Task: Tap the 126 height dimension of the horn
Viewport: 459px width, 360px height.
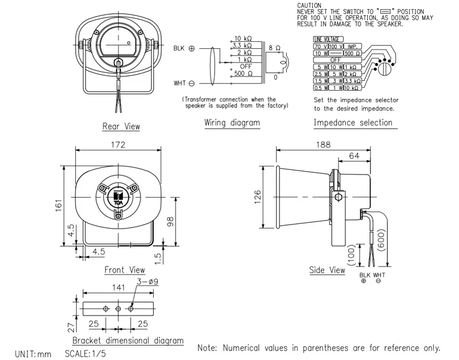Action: tap(258, 197)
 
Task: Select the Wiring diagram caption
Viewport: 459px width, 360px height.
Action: tap(232, 123)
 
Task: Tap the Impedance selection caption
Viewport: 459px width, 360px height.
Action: tap(353, 122)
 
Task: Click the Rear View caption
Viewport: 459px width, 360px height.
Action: tap(120, 126)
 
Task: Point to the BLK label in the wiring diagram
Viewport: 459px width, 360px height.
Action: tap(179, 49)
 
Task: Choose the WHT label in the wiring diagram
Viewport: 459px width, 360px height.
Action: tap(179, 83)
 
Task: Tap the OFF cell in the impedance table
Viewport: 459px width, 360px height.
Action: tap(336, 60)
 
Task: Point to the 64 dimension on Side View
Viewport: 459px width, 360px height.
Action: tap(355, 156)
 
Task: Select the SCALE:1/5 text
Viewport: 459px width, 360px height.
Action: tap(85, 354)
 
